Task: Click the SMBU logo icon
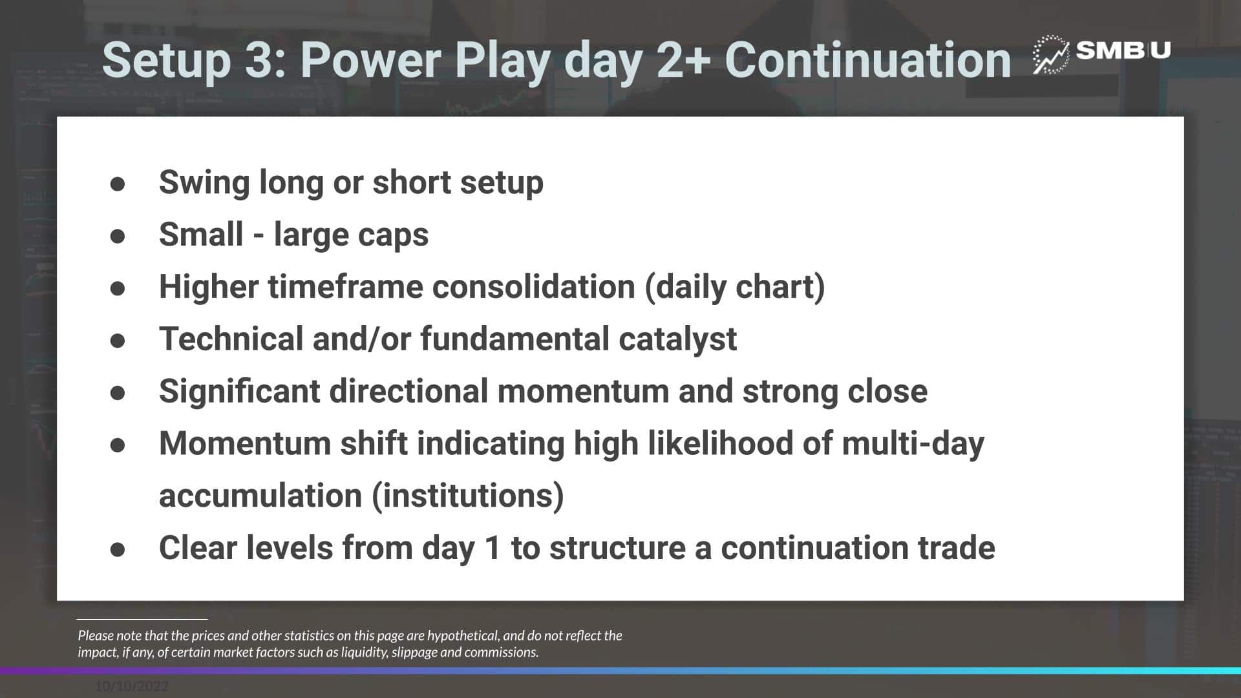click(1050, 54)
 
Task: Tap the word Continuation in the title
click(867, 60)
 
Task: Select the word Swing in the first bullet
click(204, 183)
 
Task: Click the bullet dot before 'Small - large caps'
click(118, 236)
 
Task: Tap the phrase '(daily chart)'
click(735, 288)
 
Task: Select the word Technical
click(231, 339)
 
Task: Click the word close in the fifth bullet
click(887, 392)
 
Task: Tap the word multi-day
click(913, 445)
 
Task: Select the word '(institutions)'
click(468, 496)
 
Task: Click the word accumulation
click(260, 496)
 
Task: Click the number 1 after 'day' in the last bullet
click(493, 548)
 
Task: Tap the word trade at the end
click(955, 548)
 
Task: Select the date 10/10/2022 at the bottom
click(132, 686)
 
